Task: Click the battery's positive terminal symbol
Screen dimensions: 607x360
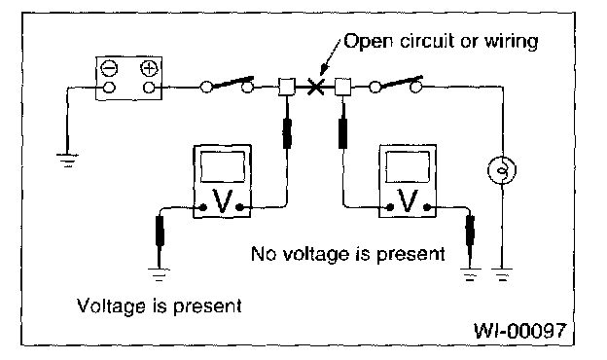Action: (x=150, y=68)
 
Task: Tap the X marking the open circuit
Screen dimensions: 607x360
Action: (x=315, y=87)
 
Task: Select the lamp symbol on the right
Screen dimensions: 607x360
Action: (x=502, y=170)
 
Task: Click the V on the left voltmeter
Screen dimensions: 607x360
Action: (x=222, y=201)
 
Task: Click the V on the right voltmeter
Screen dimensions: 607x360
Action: (x=408, y=200)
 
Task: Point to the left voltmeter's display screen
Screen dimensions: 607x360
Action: (x=223, y=166)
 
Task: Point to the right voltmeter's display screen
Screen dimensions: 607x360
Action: (x=408, y=166)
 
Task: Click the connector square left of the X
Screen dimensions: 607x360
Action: (x=287, y=87)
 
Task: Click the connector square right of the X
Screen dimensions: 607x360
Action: (x=342, y=87)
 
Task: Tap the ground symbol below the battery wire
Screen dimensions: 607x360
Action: (x=68, y=161)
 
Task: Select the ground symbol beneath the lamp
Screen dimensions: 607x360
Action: (x=502, y=274)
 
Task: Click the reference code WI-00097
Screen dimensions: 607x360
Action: (x=519, y=330)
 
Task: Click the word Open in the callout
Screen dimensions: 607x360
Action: (x=368, y=42)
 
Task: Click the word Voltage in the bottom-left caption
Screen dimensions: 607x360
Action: (x=111, y=306)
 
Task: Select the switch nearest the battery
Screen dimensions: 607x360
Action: (x=228, y=85)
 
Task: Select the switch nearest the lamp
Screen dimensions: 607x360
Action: (x=396, y=85)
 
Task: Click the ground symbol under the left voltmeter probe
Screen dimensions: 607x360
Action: (x=159, y=274)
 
